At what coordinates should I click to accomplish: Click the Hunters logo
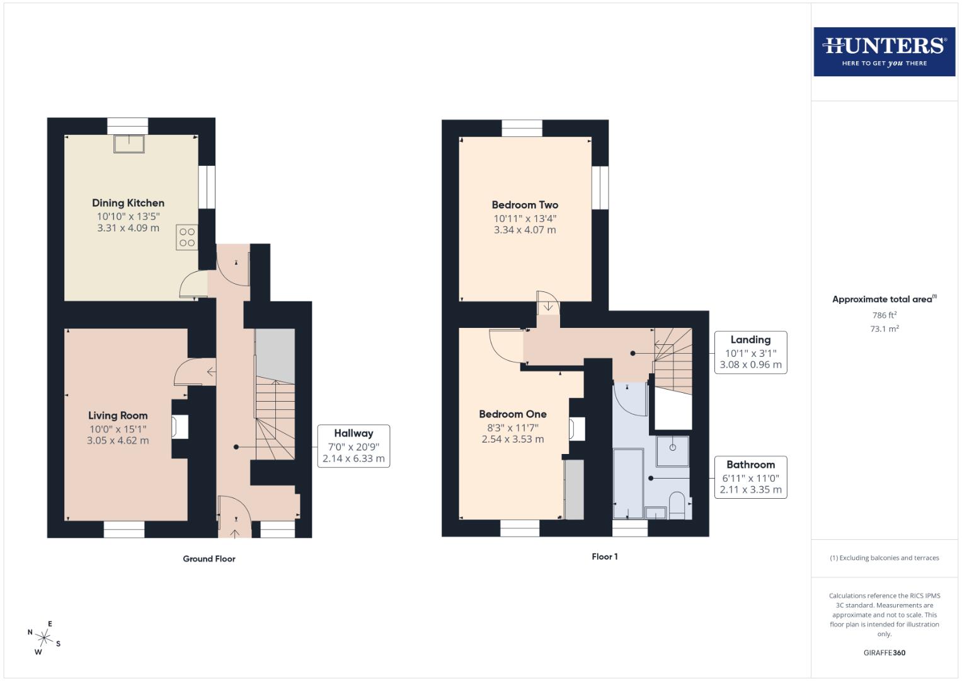[x=884, y=52]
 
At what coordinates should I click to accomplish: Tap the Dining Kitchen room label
[x=128, y=203]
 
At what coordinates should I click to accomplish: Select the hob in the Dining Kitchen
[x=187, y=237]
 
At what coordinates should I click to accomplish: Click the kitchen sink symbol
[x=129, y=144]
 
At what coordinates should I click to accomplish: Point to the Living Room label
[x=118, y=416]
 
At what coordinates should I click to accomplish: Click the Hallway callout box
[x=353, y=446]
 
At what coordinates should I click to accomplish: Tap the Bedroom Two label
[x=525, y=205]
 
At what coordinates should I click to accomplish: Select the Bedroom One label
[x=513, y=414]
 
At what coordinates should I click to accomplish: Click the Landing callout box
[x=750, y=352]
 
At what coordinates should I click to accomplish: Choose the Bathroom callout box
[x=750, y=477]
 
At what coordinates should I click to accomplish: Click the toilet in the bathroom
[x=677, y=506]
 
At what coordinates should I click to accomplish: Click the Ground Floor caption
[x=209, y=559]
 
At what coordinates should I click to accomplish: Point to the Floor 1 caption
[x=605, y=557]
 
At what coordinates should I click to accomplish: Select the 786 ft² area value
[x=884, y=315]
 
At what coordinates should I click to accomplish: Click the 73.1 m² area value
[x=884, y=329]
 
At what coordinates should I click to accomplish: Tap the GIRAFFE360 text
[x=884, y=653]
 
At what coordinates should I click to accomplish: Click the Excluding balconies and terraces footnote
[x=884, y=558]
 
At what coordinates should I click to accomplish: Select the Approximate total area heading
[x=884, y=300]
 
